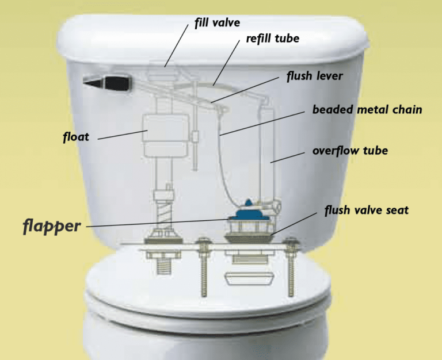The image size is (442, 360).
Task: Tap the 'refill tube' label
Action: tap(272, 39)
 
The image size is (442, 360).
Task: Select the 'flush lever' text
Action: tap(314, 76)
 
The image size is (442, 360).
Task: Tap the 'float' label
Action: tap(77, 138)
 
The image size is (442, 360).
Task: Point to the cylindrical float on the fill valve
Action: tap(165, 136)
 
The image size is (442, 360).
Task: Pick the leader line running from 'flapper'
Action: tap(155, 224)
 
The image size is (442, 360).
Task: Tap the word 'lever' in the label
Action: tap(331, 76)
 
